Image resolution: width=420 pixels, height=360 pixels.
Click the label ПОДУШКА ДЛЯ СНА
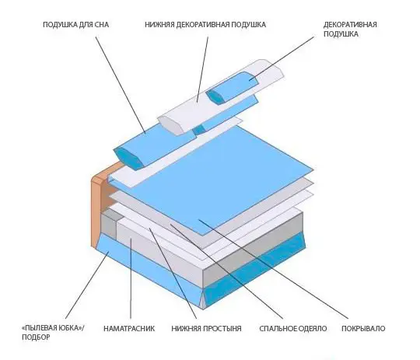[x=75, y=25]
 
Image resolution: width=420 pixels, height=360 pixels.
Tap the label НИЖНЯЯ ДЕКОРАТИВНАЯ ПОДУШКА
[x=205, y=25]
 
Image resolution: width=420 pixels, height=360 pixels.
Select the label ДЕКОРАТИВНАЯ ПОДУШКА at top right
[x=350, y=30]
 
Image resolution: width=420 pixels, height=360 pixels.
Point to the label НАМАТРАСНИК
[x=129, y=328]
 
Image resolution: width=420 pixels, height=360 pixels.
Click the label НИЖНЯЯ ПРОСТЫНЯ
[x=206, y=328]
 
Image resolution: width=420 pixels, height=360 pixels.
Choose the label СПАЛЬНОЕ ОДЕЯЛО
[x=292, y=328]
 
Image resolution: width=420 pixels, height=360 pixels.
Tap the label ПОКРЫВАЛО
[x=363, y=328]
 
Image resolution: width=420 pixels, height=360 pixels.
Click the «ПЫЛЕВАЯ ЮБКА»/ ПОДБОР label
[x=53, y=333]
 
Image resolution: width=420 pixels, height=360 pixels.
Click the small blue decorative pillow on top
[x=232, y=88]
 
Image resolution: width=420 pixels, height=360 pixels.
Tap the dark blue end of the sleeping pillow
[x=127, y=159]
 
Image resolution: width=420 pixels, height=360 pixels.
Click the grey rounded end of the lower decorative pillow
[x=170, y=125]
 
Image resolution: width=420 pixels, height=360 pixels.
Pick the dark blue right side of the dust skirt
[x=254, y=271]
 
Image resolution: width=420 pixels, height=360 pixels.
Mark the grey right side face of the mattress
[x=253, y=249]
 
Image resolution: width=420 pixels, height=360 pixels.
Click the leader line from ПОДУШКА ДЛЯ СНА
[x=121, y=85]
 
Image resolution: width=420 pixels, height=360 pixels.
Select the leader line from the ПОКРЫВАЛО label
[x=273, y=269]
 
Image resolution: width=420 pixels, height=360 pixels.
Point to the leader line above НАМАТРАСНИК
[x=131, y=278]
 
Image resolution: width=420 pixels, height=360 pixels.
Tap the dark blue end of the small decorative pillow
[x=215, y=97]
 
